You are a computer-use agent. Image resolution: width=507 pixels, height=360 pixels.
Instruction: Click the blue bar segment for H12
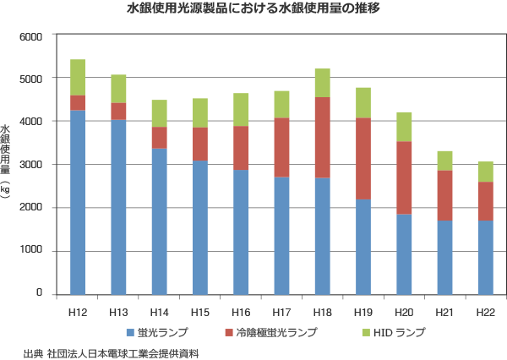click(x=78, y=203)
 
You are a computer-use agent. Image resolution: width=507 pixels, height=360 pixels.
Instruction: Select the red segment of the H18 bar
click(x=321, y=138)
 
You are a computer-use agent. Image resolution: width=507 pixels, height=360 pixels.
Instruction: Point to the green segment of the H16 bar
click(x=241, y=110)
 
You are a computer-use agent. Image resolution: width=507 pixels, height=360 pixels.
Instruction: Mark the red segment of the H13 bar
click(x=118, y=112)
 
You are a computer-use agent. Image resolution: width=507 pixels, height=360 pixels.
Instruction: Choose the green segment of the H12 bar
click(x=78, y=78)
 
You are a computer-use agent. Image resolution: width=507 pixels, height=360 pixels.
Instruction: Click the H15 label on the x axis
click(x=200, y=313)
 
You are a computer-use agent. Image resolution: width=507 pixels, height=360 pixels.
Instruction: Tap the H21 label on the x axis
click(x=444, y=313)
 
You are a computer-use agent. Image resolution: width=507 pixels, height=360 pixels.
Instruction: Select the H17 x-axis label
click(x=281, y=313)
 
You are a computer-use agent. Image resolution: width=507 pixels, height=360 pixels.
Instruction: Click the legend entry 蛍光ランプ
click(x=157, y=332)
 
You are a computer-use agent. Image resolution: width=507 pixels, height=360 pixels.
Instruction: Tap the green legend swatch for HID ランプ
click(x=364, y=332)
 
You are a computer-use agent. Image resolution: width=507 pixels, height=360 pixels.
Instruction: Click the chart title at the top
click(x=253, y=11)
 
